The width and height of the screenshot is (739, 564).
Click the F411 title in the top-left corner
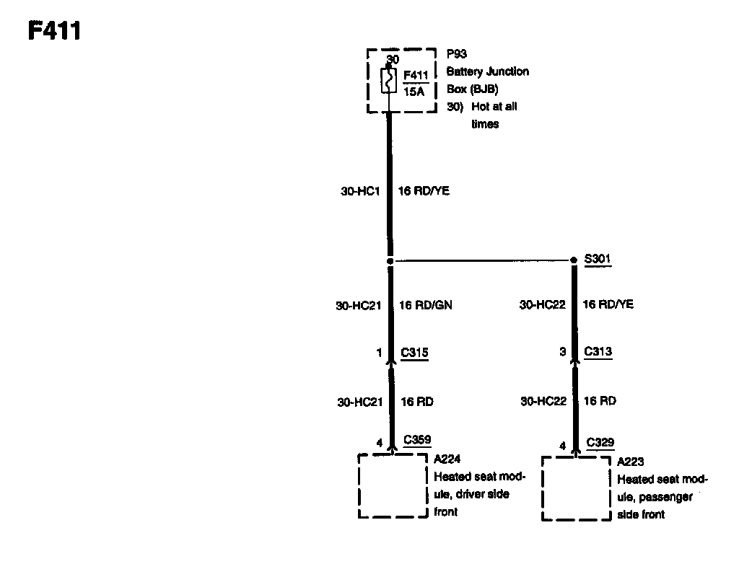tap(54, 31)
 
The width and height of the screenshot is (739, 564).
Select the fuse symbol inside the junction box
tap(388, 80)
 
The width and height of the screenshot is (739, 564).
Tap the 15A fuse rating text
tap(414, 92)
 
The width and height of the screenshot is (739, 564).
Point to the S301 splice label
tap(598, 258)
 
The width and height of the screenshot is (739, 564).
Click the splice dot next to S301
tap(574, 260)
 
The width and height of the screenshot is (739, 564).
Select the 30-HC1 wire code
tap(360, 191)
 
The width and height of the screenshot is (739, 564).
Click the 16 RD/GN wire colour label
tap(426, 305)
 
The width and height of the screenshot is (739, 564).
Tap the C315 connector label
tap(415, 353)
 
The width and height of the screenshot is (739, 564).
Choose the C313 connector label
tap(598, 352)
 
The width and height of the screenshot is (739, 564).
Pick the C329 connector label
tap(600, 442)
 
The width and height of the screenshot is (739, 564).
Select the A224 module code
tap(447, 459)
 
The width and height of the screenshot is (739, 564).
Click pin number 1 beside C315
tap(378, 353)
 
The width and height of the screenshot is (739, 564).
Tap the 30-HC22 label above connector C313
tap(543, 305)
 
